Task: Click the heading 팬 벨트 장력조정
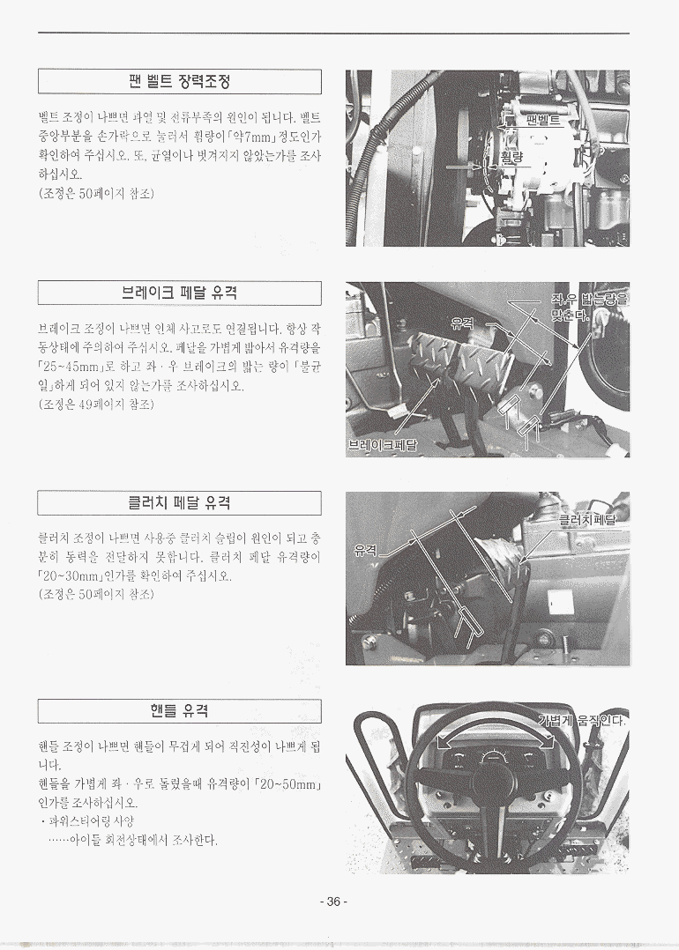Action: point(180,81)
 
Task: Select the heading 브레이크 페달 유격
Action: point(180,293)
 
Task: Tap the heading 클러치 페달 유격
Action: point(180,503)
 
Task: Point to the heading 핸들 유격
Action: point(180,710)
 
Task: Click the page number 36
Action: point(333,902)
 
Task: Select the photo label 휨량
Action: point(511,157)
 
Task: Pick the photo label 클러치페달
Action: point(587,519)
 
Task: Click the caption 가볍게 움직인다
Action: point(582,720)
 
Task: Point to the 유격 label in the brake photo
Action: point(462,323)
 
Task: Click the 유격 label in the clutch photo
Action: point(365,550)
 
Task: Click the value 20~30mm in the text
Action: point(70,575)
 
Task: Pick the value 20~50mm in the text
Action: point(287,784)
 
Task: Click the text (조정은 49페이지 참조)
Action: point(96,404)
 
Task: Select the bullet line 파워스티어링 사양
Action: point(87,821)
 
